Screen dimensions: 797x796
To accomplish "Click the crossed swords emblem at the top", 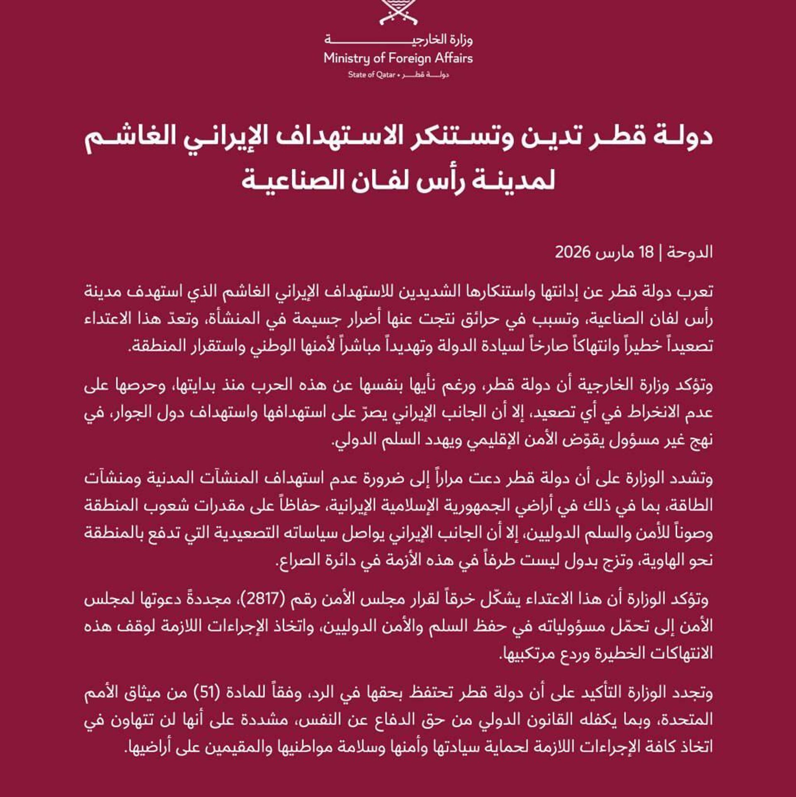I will [x=398, y=12].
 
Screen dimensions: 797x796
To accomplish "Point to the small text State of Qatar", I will [x=371, y=75].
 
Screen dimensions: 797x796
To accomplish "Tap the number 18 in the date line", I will [x=646, y=252].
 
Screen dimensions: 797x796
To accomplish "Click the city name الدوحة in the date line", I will [x=690, y=252].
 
